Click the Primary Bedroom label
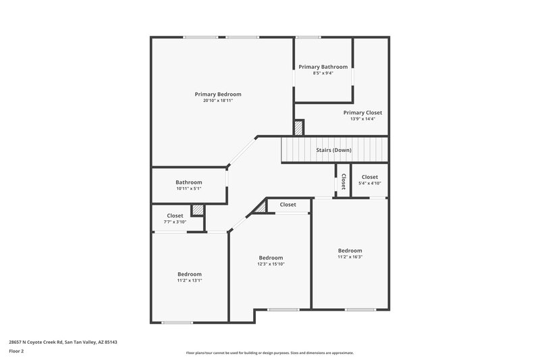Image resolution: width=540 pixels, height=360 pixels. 217,94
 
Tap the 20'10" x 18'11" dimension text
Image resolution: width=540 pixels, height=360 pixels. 217,101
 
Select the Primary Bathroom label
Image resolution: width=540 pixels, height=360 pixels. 323,67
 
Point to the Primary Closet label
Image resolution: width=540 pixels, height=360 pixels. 362,113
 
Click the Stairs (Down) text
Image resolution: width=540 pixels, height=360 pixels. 333,150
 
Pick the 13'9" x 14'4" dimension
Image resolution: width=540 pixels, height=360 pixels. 362,119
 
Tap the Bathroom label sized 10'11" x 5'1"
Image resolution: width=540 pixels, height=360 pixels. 189,182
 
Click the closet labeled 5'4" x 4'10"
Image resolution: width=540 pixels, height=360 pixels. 370,177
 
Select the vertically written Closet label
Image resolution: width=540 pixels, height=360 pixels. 344,181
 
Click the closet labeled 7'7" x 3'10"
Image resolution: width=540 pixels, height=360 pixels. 175,215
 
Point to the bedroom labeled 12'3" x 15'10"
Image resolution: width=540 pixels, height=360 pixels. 271,257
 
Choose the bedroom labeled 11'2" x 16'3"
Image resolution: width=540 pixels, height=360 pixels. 350,251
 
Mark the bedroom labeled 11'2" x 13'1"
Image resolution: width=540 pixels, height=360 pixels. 190,274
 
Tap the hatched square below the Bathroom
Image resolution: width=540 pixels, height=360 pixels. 197,210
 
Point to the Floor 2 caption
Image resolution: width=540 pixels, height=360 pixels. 17,351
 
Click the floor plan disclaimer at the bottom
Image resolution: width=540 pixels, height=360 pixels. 270,353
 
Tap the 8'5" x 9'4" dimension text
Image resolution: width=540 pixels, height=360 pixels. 323,73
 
